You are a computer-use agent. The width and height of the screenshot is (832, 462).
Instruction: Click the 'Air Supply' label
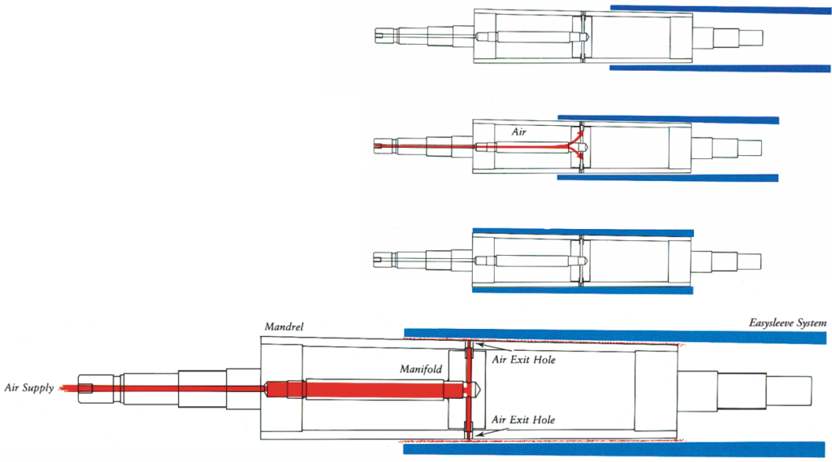(29, 388)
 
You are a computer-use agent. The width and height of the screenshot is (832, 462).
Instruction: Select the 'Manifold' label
(421, 369)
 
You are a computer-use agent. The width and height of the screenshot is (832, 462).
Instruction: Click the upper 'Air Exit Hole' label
(524, 360)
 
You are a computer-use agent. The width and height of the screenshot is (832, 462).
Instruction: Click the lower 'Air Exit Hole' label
(524, 420)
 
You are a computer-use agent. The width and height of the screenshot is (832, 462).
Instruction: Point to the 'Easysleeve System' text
(787, 323)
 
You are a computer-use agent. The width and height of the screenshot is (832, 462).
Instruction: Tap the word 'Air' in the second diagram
(519, 130)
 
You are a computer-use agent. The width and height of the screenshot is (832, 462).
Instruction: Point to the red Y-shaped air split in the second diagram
(578, 145)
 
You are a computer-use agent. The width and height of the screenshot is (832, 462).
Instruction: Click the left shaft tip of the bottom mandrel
(88, 388)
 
